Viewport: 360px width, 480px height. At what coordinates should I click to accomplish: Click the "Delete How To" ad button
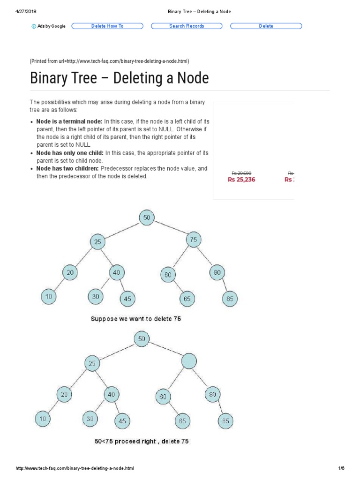[x=107, y=26]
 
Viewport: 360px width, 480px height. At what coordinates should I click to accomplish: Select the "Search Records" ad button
[x=187, y=26]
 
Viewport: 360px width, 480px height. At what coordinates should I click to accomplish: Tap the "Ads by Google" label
[x=49, y=26]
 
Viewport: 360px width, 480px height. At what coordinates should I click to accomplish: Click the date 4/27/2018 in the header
[x=26, y=11]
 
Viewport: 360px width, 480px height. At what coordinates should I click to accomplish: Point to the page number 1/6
[x=341, y=468]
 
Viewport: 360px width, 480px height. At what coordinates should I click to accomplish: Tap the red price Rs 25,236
[x=241, y=180]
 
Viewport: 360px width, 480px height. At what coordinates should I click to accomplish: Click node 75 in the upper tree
[x=193, y=240]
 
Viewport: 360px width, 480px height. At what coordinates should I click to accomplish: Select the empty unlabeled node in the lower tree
[x=188, y=360]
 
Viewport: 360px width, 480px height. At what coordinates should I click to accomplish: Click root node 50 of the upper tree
[x=147, y=217]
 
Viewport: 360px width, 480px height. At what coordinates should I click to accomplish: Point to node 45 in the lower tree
[x=122, y=420]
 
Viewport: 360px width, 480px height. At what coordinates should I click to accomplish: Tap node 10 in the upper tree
[x=49, y=296]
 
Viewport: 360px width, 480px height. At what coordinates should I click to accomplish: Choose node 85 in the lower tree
[x=226, y=420]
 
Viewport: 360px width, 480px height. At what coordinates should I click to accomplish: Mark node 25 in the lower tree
[x=92, y=363]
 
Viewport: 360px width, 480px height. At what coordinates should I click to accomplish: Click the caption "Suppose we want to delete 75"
[x=135, y=319]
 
